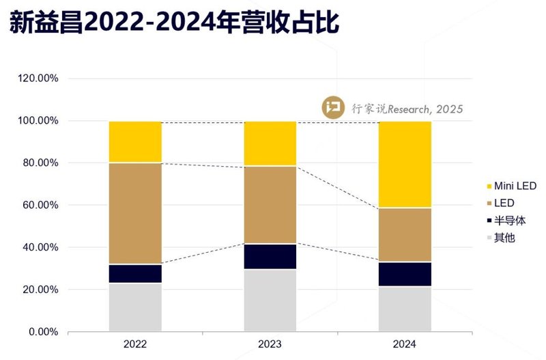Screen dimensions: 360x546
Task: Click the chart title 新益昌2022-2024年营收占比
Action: (x=174, y=25)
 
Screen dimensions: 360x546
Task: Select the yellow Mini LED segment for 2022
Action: (x=135, y=142)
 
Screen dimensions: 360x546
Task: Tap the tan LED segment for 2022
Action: (x=135, y=213)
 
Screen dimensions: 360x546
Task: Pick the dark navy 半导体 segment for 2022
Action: (x=135, y=273)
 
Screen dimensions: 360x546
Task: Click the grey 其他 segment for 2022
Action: (x=135, y=307)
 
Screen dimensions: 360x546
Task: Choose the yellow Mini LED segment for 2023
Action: (x=270, y=143)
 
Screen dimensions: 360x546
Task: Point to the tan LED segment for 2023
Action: (x=270, y=205)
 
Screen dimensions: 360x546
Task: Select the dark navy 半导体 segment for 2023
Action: (x=270, y=256)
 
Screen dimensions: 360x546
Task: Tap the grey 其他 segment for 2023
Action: (x=270, y=301)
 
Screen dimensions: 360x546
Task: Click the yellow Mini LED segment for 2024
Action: (x=405, y=164)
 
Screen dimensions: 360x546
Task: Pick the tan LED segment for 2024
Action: (x=405, y=234)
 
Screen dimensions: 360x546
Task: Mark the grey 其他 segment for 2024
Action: (x=405, y=309)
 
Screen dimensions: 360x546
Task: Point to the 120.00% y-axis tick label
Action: (x=38, y=79)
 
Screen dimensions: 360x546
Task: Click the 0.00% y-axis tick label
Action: (x=43, y=332)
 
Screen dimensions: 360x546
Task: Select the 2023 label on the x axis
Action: (x=270, y=344)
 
